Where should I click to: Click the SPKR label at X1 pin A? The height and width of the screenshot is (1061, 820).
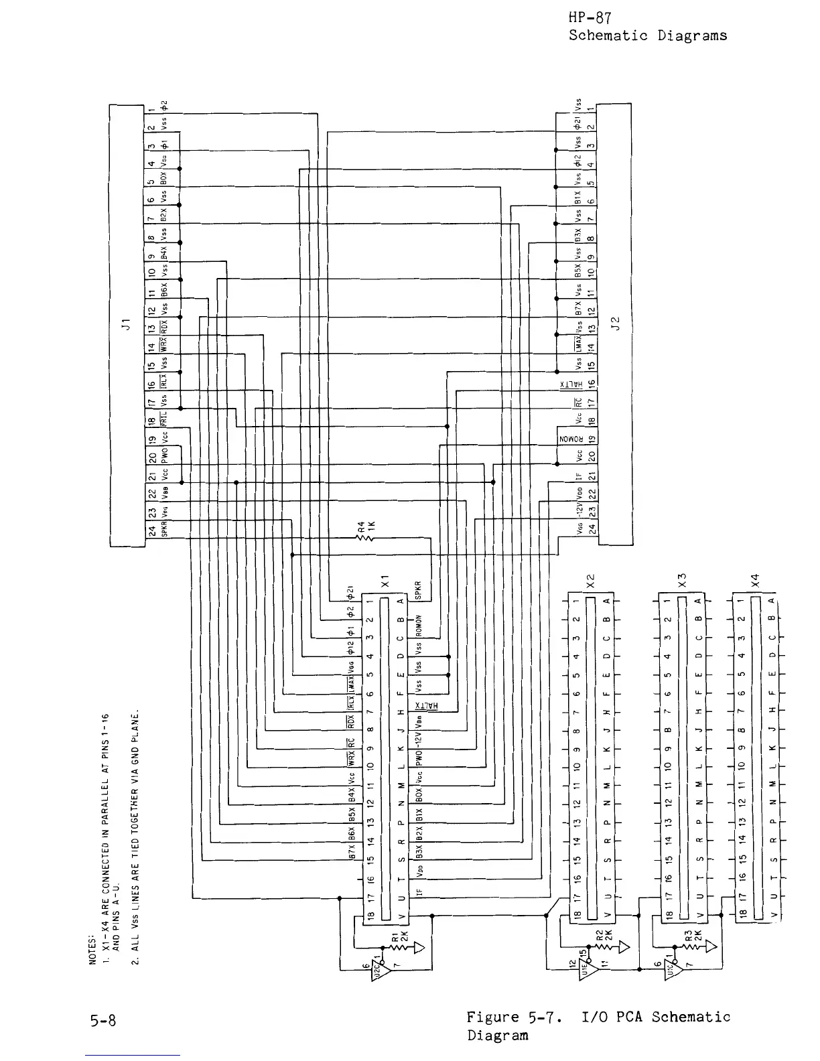[x=417, y=590]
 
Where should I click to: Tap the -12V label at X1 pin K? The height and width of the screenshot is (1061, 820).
[x=417, y=744]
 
